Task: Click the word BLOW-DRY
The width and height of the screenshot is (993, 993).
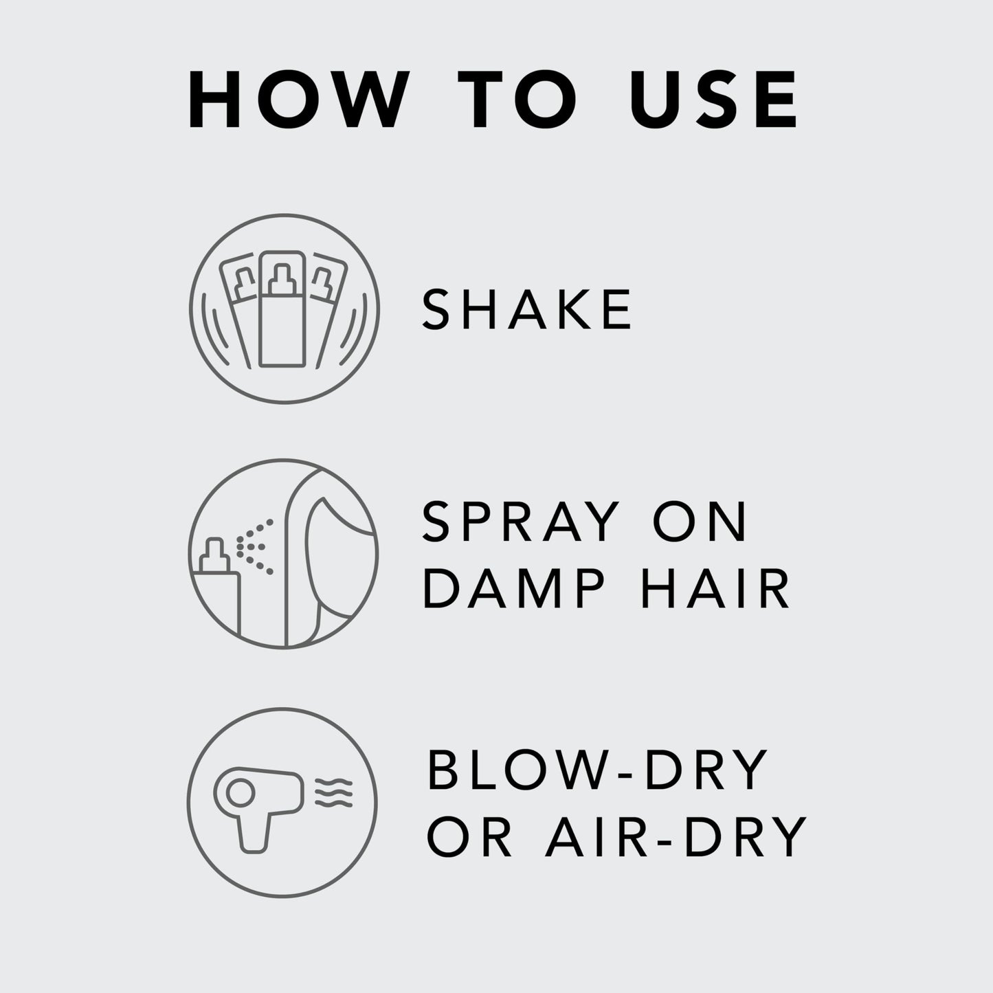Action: pyautogui.click(x=596, y=771)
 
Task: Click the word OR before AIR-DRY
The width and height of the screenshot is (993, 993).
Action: pyautogui.click(x=469, y=836)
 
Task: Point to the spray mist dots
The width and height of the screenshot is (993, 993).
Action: pyautogui.click(x=254, y=546)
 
